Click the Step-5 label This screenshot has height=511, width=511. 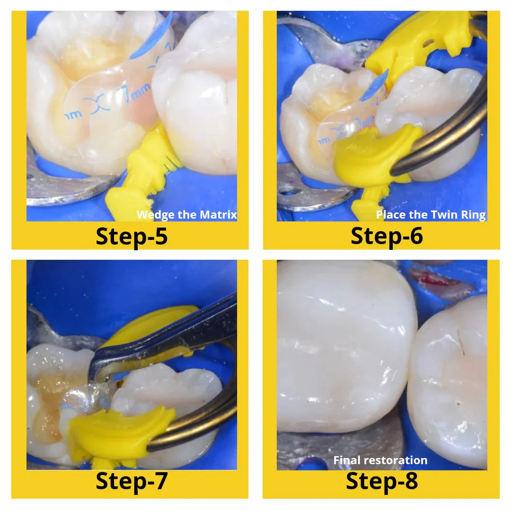coord(132,236)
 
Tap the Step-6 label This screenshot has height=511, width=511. coord(387,236)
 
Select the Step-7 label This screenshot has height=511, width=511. coord(132,481)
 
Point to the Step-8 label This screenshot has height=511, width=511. coord(382,481)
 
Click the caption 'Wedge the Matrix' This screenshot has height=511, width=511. coord(187,215)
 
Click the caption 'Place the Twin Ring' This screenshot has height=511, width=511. coord(431,215)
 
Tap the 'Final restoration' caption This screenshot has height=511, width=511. coord(380,460)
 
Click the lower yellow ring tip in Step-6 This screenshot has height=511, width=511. coord(374,156)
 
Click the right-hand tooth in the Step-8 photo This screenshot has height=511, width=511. coord(449,379)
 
